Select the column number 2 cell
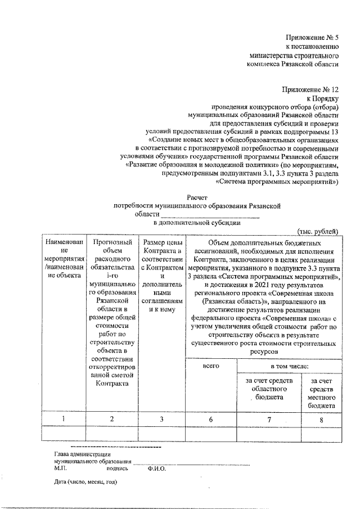[x=111, y=418]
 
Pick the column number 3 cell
[x=161, y=418]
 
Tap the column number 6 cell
[x=211, y=418]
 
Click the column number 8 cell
[x=322, y=418]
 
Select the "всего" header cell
[x=211, y=366]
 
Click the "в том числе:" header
[x=289, y=366]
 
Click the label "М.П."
[x=61, y=468]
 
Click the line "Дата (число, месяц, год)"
[x=85, y=482]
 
